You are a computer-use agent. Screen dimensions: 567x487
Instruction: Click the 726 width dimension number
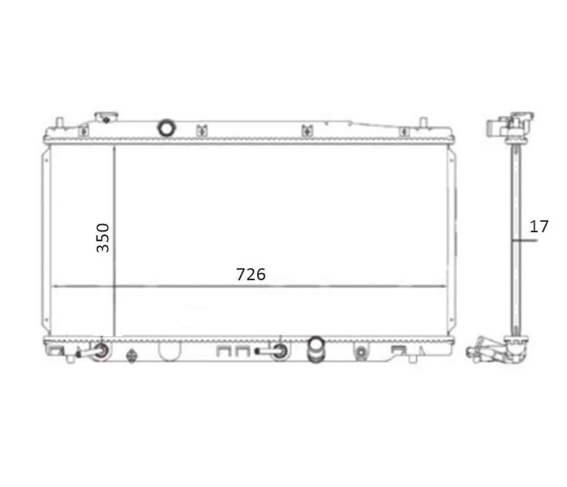tap(251, 274)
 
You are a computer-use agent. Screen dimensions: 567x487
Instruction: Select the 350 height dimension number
tap(103, 238)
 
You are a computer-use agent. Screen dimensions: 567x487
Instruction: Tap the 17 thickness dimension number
tap(539, 227)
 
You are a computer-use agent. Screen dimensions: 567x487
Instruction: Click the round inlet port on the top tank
tap(167, 128)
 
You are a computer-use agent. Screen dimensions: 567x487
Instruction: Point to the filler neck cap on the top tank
tap(106, 117)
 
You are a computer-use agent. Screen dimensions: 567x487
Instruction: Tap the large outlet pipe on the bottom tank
tap(316, 349)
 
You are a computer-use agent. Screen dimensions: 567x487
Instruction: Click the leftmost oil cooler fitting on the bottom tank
tap(95, 351)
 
